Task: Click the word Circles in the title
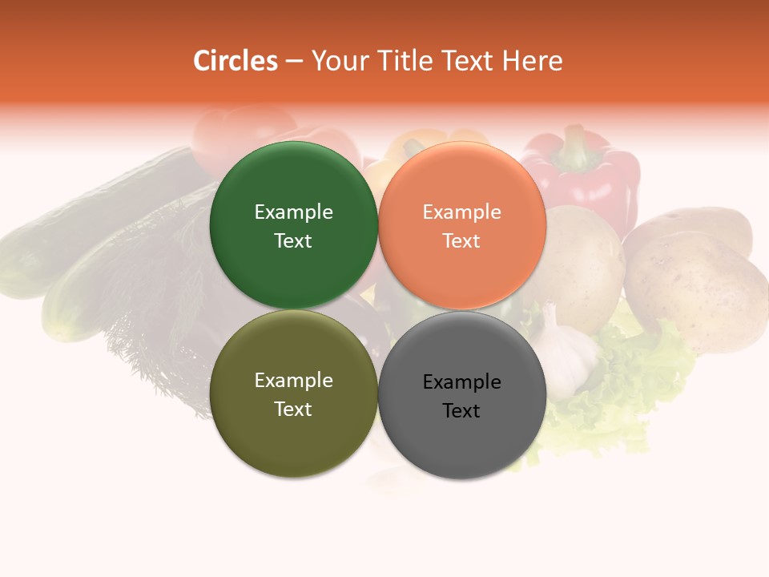(235, 61)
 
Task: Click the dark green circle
(293, 184)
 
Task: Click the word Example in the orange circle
(462, 212)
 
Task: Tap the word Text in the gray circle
(461, 411)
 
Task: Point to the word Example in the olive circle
(293, 381)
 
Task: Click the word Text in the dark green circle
(293, 241)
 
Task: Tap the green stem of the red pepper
(574, 144)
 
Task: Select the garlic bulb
(565, 357)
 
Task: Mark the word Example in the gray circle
(462, 382)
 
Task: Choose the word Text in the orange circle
(461, 241)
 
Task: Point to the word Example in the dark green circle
(293, 212)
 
